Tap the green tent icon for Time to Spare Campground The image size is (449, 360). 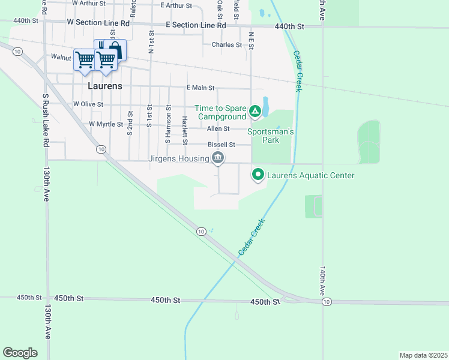255,111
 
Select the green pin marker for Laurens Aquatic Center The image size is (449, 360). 258,175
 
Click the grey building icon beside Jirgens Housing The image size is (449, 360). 218,158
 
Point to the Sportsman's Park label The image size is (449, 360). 271,136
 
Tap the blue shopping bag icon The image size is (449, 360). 115,50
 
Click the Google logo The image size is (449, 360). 20,353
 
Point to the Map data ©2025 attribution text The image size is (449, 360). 423,355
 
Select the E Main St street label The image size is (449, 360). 200,88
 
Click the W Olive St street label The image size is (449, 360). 88,104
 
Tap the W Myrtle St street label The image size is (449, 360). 106,124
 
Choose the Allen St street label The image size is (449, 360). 218,129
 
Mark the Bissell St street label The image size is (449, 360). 220,145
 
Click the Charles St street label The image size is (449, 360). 226,45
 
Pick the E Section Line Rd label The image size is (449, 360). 196,26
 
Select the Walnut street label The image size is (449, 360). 61,58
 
